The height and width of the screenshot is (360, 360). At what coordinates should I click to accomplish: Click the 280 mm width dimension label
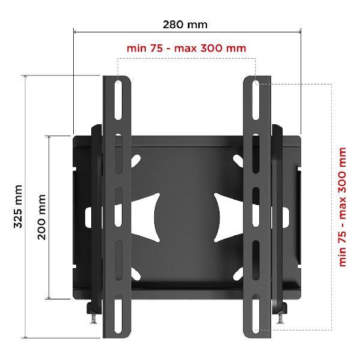coord(185,25)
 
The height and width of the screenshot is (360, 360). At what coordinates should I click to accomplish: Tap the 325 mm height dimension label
coord(18,206)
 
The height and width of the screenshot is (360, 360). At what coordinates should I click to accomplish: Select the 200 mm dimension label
coord(41,217)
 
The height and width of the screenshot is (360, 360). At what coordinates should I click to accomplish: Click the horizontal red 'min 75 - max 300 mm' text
coord(186,49)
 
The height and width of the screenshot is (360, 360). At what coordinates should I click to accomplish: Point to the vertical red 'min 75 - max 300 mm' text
coord(342,207)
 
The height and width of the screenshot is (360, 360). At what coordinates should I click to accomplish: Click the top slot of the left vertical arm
coord(118,100)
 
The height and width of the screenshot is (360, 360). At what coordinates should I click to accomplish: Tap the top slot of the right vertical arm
coord(256,100)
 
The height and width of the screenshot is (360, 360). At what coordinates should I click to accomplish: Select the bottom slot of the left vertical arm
coord(118,313)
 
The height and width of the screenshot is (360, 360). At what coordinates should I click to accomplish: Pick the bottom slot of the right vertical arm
coord(256,313)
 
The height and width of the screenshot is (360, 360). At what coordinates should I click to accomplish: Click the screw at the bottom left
coord(94,319)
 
